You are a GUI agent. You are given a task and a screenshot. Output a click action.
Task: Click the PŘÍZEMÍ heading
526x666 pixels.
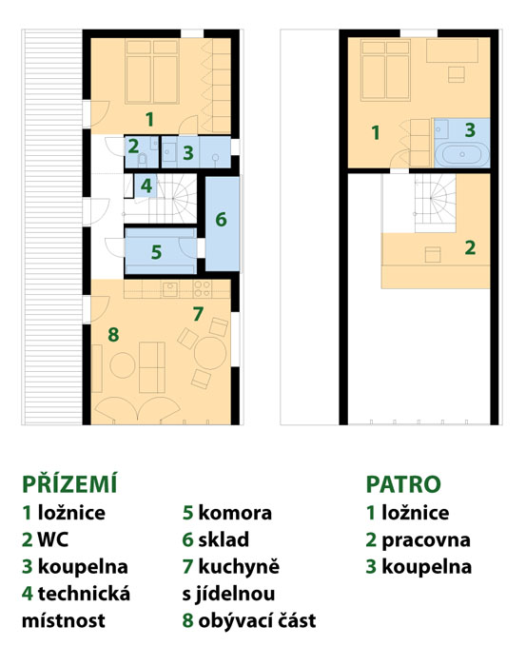pyautogui.click(x=69, y=484)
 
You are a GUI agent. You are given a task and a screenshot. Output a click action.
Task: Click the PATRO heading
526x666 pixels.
pyautogui.click(x=403, y=484)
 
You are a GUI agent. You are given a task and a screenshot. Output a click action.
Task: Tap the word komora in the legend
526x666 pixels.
pyautogui.click(x=235, y=513)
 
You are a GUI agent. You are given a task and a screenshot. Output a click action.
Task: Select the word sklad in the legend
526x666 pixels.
pyautogui.click(x=224, y=539)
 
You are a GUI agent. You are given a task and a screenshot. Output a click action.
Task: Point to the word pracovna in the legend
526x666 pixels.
pyautogui.click(x=426, y=540)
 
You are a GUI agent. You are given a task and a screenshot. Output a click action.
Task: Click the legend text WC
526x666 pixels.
pyautogui.click(x=53, y=539)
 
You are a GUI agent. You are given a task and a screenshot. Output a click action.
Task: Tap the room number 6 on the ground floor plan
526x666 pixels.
pyautogui.click(x=221, y=219)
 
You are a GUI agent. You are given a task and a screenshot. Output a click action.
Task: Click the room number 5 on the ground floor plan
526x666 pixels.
pyautogui.click(x=156, y=252)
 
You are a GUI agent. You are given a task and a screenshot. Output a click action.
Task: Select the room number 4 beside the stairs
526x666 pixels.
pyautogui.click(x=146, y=186)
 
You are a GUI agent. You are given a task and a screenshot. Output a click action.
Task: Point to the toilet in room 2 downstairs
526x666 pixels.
pyautogui.click(x=143, y=159)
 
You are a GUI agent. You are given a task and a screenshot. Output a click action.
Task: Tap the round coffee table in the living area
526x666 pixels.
pyautogui.click(x=123, y=364)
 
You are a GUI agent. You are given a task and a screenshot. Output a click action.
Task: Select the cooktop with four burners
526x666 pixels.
pyautogui.click(x=202, y=288)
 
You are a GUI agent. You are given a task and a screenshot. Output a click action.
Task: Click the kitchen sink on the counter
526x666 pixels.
pyautogui.click(x=170, y=288)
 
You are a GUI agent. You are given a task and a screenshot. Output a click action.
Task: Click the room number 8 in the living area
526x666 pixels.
pyautogui.click(x=113, y=334)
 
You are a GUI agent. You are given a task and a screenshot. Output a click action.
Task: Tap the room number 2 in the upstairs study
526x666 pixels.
pyautogui.click(x=470, y=247)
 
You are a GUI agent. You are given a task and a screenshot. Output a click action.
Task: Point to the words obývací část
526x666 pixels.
pyautogui.click(x=257, y=621)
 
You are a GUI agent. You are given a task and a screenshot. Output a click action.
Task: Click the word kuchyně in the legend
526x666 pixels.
pyautogui.click(x=239, y=567)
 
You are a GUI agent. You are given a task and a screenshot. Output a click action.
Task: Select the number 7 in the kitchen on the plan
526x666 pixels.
pyautogui.click(x=198, y=314)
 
